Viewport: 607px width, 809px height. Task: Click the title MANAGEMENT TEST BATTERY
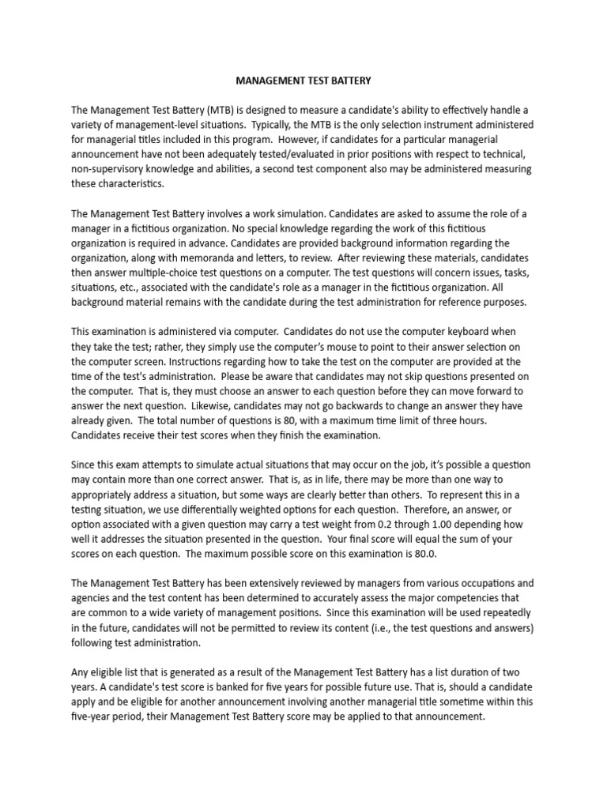tap(304, 81)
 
